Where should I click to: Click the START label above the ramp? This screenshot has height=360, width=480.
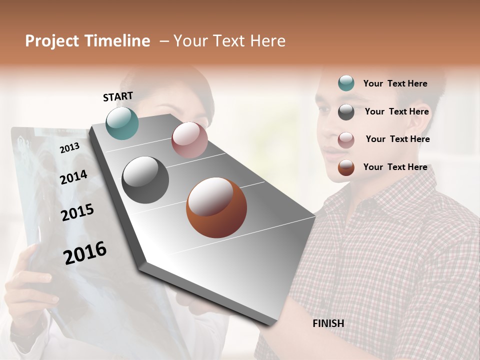(x=118, y=96)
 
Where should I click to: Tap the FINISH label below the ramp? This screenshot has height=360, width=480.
(x=328, y=323)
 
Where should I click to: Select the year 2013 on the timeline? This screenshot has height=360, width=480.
(x=69, y=147)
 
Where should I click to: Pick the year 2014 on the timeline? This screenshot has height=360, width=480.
(x=73, y=177)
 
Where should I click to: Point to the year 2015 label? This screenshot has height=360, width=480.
(x=77, y=212)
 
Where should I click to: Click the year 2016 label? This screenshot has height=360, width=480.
(x=85, y=252)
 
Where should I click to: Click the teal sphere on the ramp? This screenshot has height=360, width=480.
(x=122, y=123)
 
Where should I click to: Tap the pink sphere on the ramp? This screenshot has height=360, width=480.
(x=189, y=140)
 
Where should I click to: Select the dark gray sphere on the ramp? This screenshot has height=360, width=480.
(x=145, y=180)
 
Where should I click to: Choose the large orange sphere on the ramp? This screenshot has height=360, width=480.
(x=216, y=207)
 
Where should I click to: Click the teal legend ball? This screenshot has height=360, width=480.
(x=346, y=83)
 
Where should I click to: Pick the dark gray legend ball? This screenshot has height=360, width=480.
(x=346, y=112)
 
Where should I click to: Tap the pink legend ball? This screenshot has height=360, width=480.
(x=346, y=140)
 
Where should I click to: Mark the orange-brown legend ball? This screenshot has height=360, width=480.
(x=346, y=167)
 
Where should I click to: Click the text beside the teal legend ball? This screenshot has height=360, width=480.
(x=395, y=83)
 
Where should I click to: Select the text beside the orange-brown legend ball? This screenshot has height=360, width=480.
(x=395, y=167)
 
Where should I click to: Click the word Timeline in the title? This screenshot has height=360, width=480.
(x=117, y=41)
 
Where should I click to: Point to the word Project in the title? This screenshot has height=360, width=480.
(x=51, y=41)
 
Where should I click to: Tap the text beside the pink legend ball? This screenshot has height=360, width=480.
(x=397, y=139)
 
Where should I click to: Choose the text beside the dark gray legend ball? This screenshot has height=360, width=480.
(x=396, y=111)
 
